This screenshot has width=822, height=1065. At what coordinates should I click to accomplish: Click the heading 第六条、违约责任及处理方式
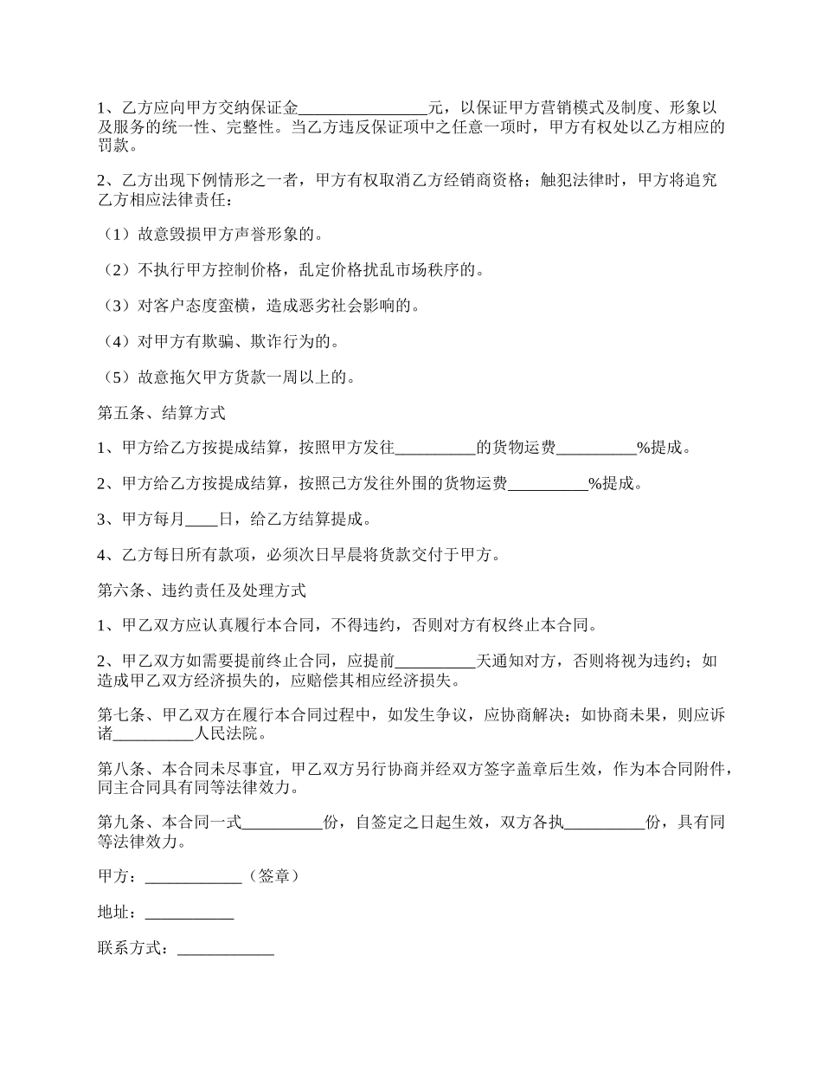click(x=202, y=591)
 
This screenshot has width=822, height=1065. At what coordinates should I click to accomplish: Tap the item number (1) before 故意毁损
click(x=116, y=235)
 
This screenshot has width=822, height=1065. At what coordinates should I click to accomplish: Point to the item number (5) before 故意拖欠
click(x=116, y=377)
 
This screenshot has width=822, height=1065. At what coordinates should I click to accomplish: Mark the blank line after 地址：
click(x=189, y=913)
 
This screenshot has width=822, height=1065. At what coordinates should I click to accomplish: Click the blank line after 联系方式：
click(x=225, y=949)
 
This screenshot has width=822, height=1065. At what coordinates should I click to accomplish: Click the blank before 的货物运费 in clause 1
click(x=435, y=449)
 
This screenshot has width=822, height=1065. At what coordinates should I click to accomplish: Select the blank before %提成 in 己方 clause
click(x=548, y=484)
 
